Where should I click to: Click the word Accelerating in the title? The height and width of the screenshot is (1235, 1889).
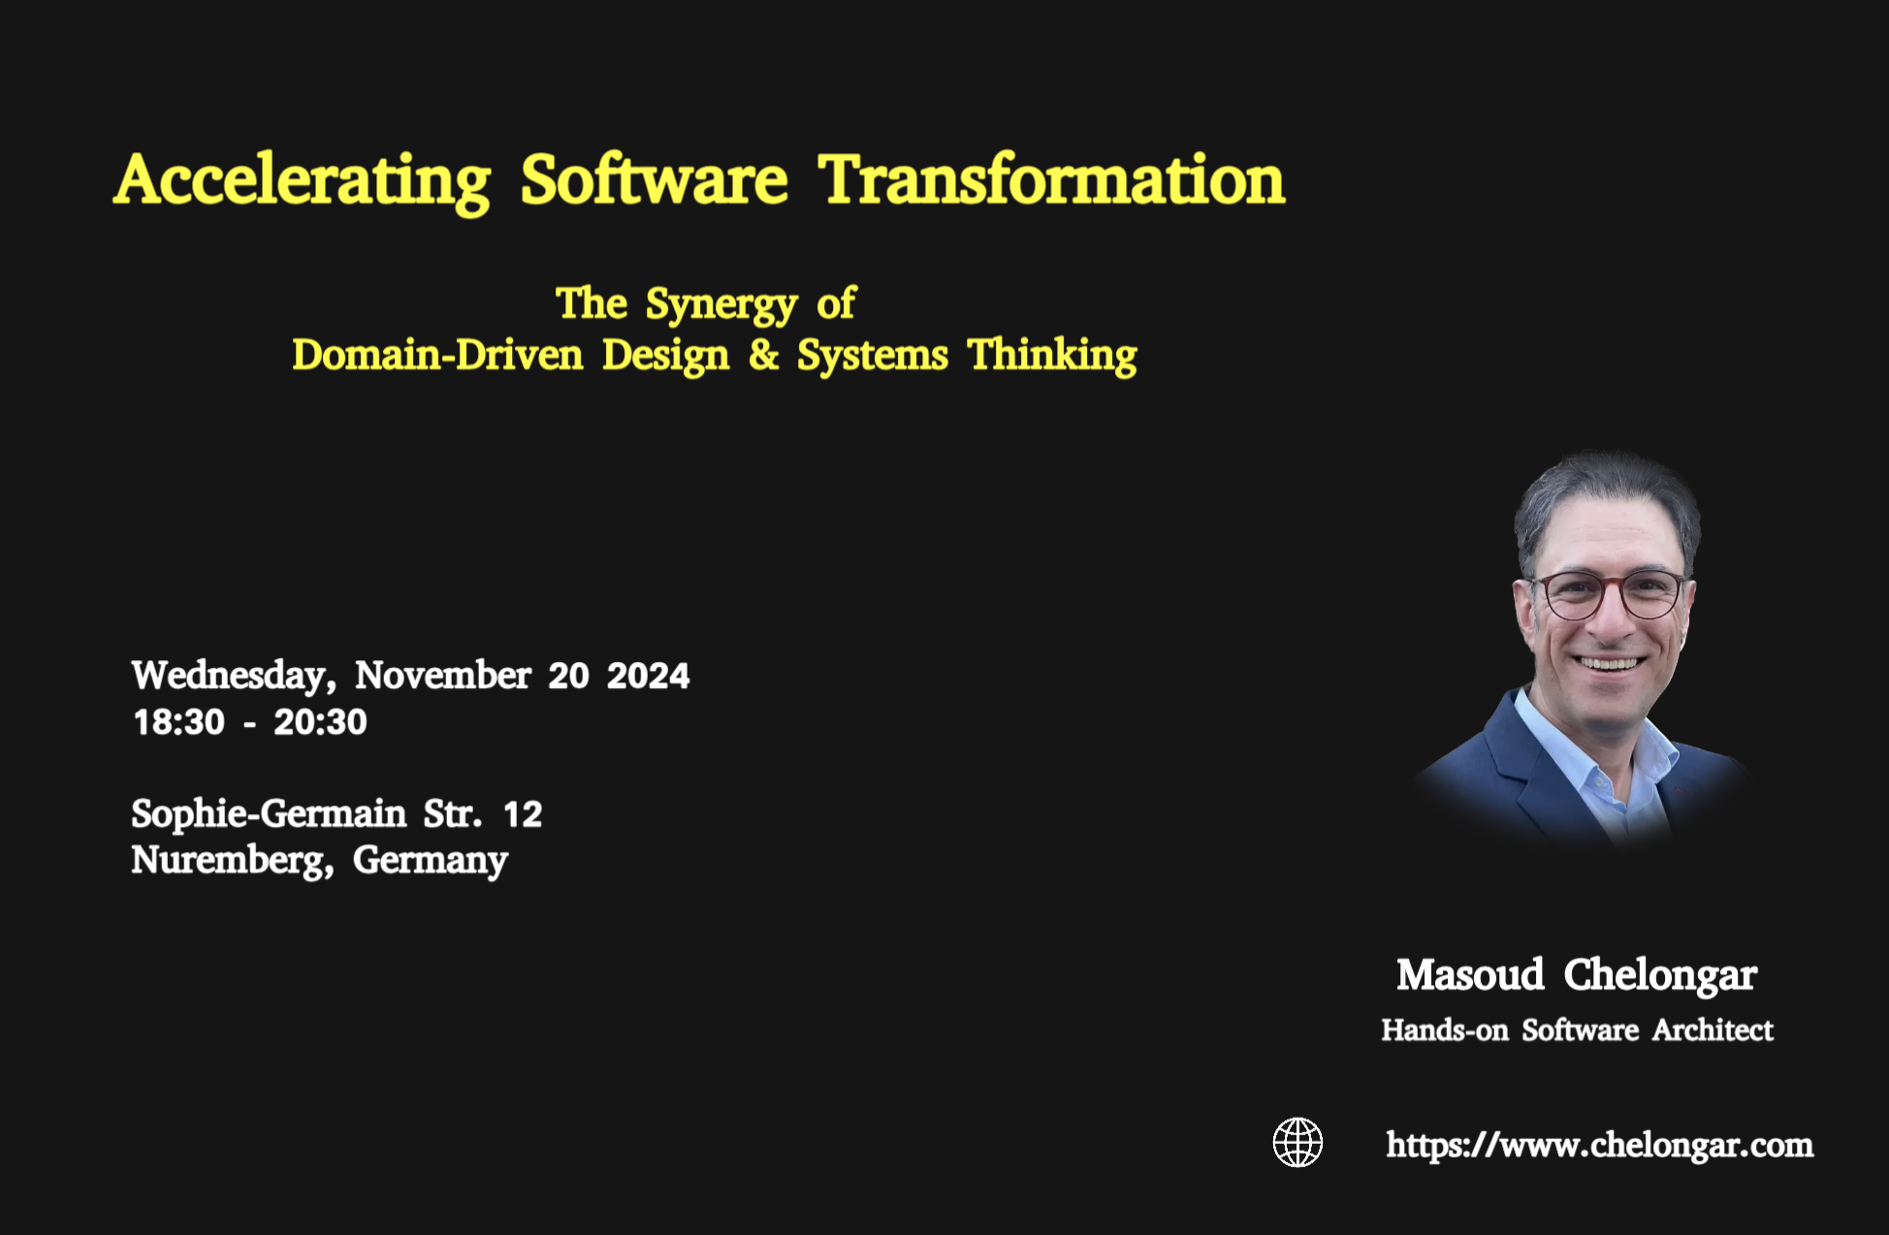[x=303, y=181]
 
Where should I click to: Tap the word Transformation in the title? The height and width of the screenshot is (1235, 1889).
[x=1051, y=181]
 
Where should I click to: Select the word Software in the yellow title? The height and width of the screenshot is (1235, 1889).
[x=654, y=181]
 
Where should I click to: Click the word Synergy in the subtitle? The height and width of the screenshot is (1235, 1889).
[x=720, y=305]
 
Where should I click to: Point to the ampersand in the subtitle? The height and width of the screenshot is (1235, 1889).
[x=763, y=354]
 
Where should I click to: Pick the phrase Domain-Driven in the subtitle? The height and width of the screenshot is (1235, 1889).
[x=437, y=355]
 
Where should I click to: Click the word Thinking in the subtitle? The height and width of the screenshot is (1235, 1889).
[x=1052, y=356]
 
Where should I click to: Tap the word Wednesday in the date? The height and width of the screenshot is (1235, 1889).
[x=234, y=676]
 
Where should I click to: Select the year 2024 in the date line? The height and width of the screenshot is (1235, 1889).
[x=648, y=676]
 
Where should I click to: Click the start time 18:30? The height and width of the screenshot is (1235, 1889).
[x=178, y=722]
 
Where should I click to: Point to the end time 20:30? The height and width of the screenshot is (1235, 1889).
[x=320, y=722]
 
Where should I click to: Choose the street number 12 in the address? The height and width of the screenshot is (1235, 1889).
[x=523, y=814]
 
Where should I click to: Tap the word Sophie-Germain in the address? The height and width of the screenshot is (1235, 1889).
[x=269, y=814]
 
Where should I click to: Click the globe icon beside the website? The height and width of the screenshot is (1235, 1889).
[x=1297, y=1142]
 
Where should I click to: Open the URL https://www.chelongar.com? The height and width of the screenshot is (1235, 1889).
[x=1599, y=1145]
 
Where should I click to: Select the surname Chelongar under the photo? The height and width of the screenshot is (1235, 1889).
[x=1659, y=975]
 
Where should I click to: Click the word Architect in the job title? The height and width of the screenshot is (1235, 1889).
[x=1713, y=1029]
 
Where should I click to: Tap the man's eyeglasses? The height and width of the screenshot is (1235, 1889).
[x=1612, y=593]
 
